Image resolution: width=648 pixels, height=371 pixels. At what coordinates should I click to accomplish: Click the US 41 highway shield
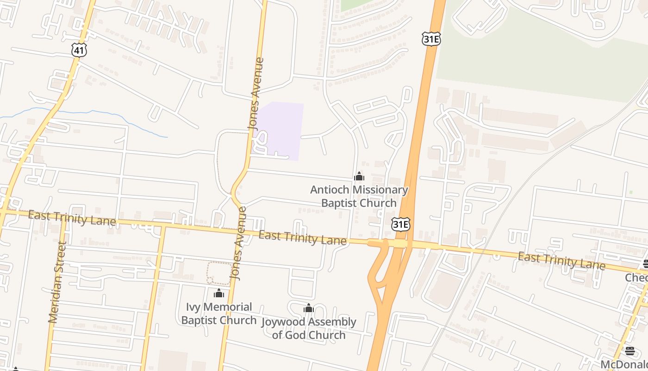(x=79, y=50)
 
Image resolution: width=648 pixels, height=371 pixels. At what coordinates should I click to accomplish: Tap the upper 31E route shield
(x=431, y=39)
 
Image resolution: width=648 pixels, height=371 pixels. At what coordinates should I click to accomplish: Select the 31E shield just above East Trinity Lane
(x=400, y=225)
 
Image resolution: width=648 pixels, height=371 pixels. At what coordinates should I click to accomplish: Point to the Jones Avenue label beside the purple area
(x=256, y=93)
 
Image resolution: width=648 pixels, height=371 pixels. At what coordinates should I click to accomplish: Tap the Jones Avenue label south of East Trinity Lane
(x=239, y=243)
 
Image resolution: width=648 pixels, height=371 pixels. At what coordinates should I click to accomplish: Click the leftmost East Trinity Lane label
(x=72, y=217)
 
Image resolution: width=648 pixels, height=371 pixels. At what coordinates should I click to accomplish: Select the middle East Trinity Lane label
(x=302, y=238)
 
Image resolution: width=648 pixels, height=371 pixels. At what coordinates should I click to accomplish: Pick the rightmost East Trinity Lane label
(x=561, y=261)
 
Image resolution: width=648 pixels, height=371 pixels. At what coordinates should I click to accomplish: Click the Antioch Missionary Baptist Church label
(x=359, y=196)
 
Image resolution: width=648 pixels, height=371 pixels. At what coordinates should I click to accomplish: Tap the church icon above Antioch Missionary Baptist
(x=359, y=177)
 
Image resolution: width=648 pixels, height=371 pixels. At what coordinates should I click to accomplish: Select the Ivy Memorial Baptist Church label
(x=219, y=313)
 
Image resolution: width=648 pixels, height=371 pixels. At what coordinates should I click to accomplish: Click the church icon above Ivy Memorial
(x=219, y=293)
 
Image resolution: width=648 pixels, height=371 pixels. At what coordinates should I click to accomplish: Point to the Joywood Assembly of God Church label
(x=309, y=328)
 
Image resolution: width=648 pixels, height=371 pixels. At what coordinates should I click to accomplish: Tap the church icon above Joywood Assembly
(x=309, y=308)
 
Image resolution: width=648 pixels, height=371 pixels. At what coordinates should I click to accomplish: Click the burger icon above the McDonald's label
(x=630, y=351)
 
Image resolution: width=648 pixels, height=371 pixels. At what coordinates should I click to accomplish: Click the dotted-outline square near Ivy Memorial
(x=219, y=273)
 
